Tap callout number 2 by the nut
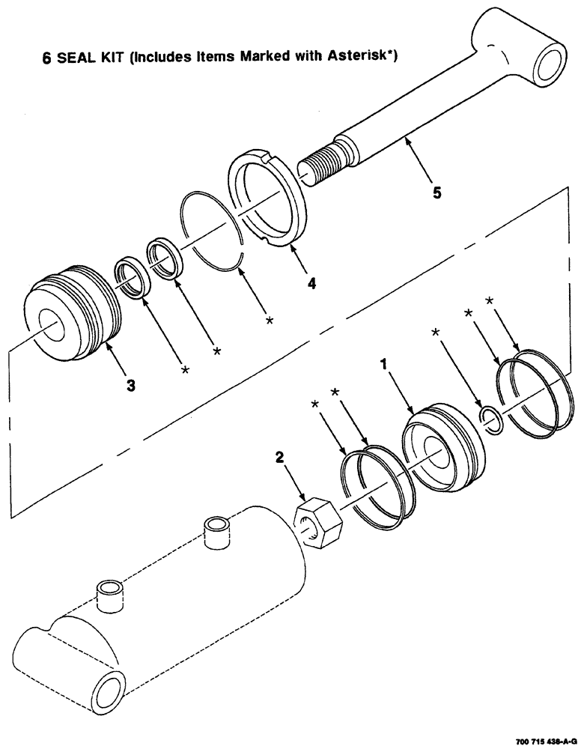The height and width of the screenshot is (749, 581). [x=280, y=456]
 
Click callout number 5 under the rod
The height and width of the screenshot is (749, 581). [x=436, y=192]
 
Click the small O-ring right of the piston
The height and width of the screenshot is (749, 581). [x=489, y=419]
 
